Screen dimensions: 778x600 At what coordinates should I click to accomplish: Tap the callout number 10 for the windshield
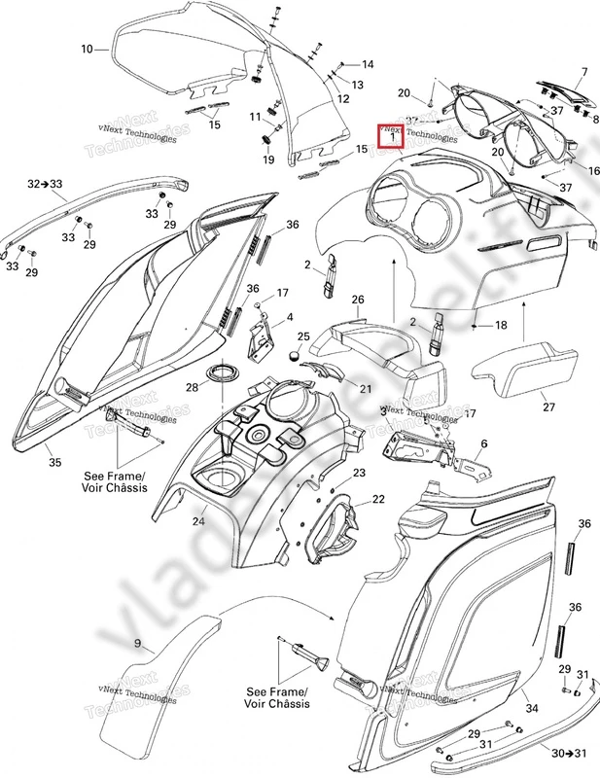tap(87, 49)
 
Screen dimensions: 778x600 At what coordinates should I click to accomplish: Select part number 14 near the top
tap(368, 64)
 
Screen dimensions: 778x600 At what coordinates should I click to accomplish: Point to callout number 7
tap(584, 71)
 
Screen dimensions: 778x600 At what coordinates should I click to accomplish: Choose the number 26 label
tap(358, 300)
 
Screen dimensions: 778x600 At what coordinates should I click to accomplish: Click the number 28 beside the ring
tap(193, 388)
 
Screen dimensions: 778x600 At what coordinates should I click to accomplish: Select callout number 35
tap(54, 463)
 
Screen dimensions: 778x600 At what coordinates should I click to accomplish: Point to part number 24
tap(198, 521)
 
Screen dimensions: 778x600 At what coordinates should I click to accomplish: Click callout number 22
tap(378, 499)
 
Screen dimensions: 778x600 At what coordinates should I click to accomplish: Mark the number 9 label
tap(137, 643)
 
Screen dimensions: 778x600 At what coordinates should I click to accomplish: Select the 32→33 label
tap(45, 183)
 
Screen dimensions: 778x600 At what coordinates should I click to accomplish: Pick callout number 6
tap(483, 443)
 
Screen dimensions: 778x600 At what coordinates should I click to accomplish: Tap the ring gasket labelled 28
tap(226, 374)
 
